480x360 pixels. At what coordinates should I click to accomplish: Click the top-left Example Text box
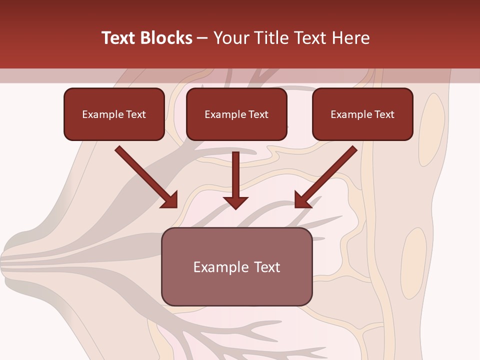tap(114, 114)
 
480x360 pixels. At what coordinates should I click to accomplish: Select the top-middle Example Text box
tap(236, 114)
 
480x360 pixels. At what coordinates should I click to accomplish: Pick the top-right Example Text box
tap(362, 114)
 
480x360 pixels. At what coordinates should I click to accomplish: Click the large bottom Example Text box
tap(236, 266)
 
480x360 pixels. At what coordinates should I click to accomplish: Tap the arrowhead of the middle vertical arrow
tap(235, 202)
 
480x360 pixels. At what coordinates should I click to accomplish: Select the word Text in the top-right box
tap(384, 114)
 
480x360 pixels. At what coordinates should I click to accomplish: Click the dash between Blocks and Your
tap(202, 38)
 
